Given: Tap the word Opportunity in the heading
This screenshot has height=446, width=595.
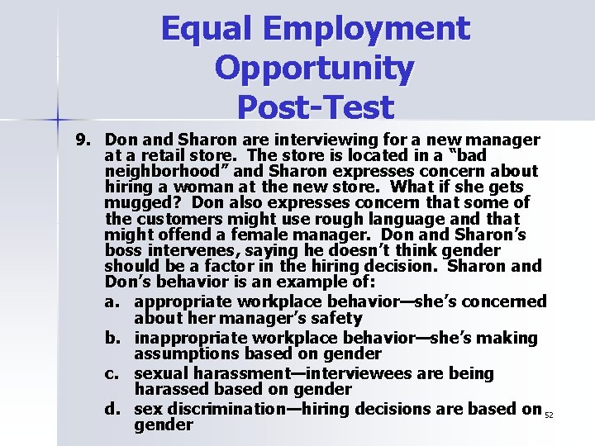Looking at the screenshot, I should (315, 69).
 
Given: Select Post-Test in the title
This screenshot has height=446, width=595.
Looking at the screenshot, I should (315, 107).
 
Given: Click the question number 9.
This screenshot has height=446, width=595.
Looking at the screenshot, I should (83, 140).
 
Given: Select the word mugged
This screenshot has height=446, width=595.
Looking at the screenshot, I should (136, 202).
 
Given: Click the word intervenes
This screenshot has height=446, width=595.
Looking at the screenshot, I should (177, 250).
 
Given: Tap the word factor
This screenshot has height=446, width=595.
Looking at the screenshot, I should (240, 266).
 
